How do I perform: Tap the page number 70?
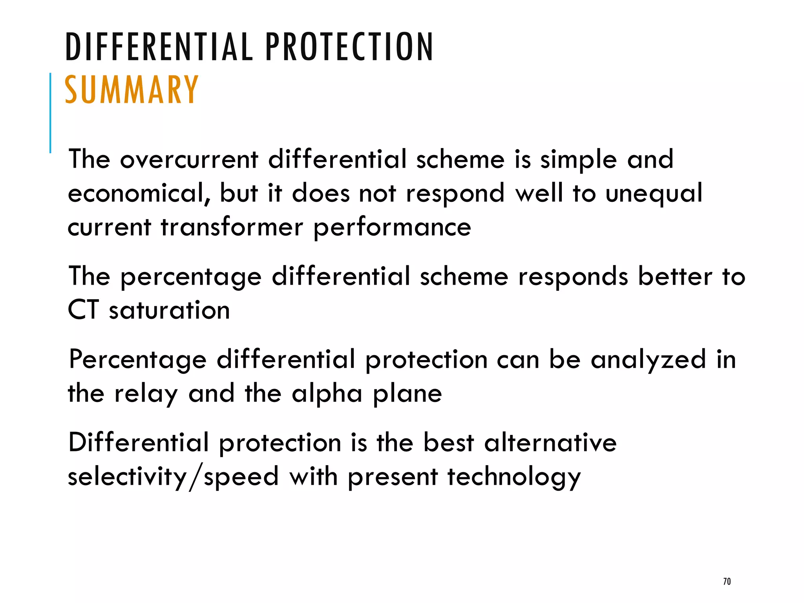tap(727, 581)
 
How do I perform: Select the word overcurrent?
tap(189, 159)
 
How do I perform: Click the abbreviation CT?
tap(83, 310)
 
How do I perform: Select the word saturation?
tap(169, 310)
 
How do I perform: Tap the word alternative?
tap(550, 443)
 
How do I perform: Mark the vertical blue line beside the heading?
tap(50, 113)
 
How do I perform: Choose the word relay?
tap(146, 394)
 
